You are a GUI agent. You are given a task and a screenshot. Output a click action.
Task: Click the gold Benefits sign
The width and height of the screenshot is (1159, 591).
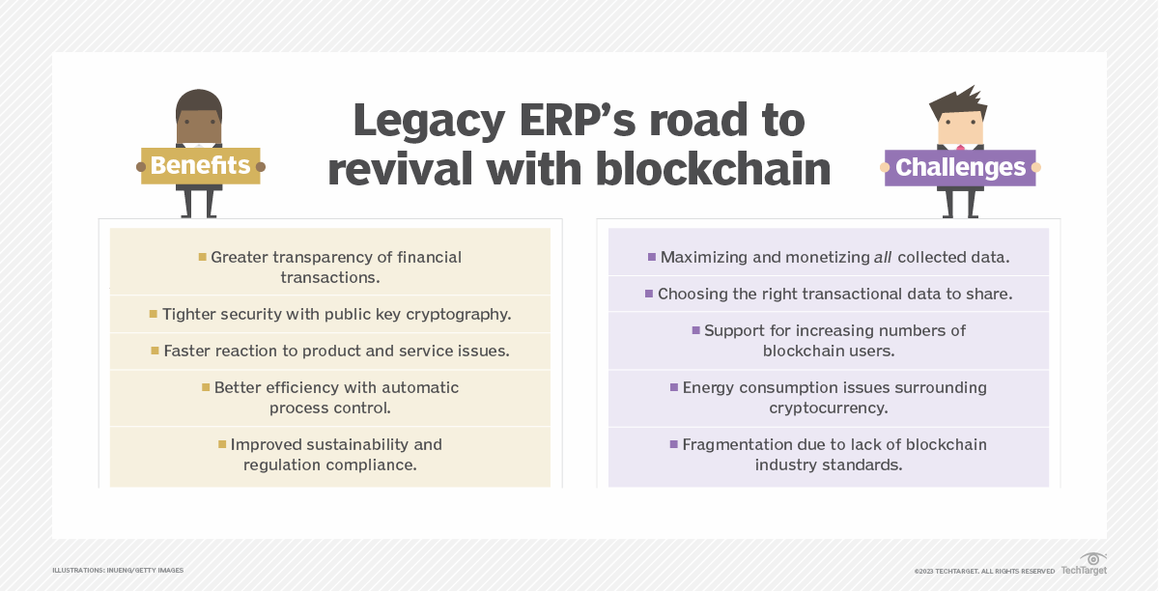point(201,165)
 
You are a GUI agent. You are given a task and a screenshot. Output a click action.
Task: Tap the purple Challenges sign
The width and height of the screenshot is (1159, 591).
point(959,167)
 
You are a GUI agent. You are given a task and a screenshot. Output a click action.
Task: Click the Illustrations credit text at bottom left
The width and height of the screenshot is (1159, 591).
point(118,571)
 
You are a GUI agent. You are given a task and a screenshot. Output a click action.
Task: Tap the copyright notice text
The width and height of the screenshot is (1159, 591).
point(984,571)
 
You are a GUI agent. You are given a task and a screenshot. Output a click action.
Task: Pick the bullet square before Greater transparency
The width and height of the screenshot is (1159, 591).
point(203,257)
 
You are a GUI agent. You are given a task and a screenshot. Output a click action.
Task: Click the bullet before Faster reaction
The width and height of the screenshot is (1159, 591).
point(155,351)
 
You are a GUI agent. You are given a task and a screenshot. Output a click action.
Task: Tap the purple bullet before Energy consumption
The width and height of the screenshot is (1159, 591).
point(674,387)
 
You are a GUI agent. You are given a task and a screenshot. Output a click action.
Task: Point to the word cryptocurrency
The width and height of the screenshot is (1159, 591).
point(828,408)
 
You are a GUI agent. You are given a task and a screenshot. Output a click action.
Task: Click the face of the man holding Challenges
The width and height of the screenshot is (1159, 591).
point(960,127)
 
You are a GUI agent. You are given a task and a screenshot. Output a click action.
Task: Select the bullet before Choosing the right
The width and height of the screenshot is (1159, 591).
point(649,294)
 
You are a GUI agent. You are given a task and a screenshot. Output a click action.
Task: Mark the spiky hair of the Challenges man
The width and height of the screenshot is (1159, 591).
point(959,100)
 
